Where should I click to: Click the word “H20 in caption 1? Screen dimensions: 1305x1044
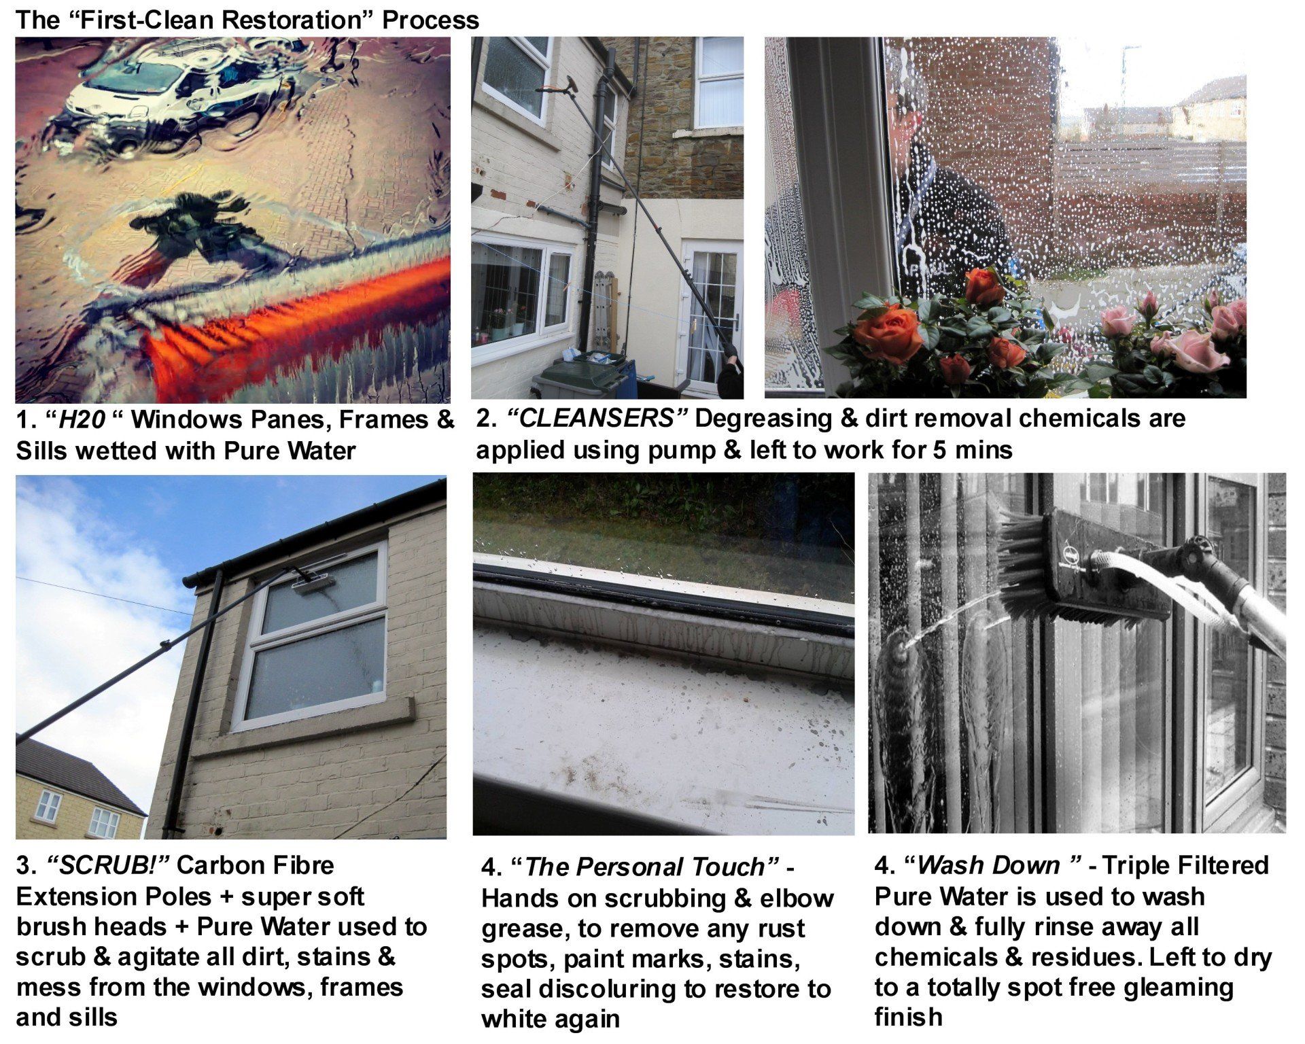(x=78, y=420)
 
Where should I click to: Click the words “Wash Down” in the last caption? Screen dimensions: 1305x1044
(x=993, y=865)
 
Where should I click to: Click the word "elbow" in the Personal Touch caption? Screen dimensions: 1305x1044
(x=793, y=899)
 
